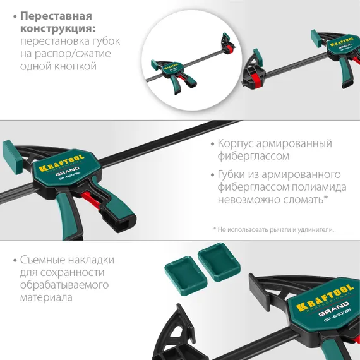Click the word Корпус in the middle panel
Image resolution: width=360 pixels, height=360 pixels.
coord(236,143)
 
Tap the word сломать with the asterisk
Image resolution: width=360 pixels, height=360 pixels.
coord(303,200)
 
